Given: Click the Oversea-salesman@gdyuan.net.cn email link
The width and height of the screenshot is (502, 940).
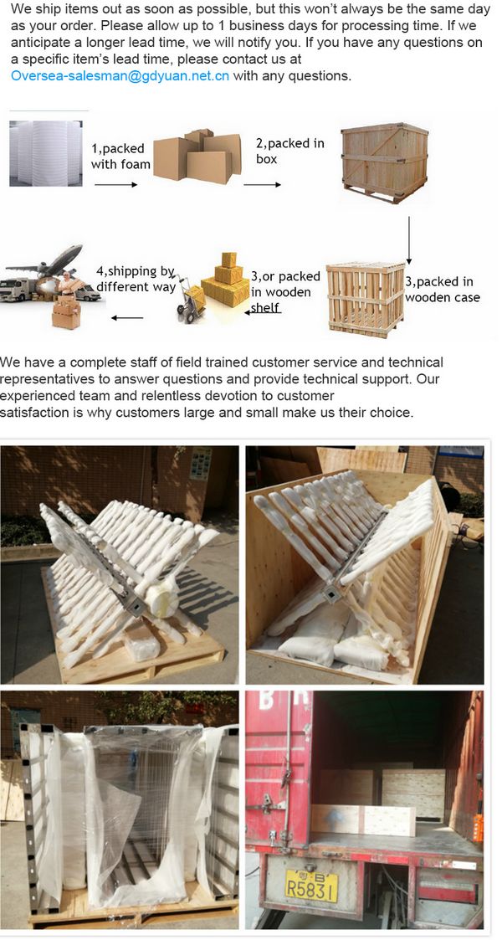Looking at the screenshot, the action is pyautogui.click(x=120, y=76).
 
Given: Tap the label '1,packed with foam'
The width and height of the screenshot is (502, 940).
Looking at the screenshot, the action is pyautogui.click(x=120, y=156).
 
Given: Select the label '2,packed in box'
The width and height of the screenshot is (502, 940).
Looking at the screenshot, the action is pyautogui.click(x=290, y=151).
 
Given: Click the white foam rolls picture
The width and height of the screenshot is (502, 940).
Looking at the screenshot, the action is pyautogui.click(x=45, y=153).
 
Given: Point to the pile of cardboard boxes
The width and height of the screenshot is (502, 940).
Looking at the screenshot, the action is pyautogui.click(x=197, y=156).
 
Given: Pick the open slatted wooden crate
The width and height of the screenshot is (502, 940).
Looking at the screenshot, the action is pyautogui.click(x=366, y=299).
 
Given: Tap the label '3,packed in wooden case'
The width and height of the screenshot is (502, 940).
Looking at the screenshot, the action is pyautogui.click(x=443, y=289).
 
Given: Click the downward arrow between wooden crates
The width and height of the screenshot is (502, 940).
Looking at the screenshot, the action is pyautogui.click(x=409, y=240).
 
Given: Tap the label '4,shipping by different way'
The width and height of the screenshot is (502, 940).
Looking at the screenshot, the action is pyautogui.click(x=136, y=279).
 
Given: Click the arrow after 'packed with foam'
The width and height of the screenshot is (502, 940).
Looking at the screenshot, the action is pyautogui.click(x=116, y=185).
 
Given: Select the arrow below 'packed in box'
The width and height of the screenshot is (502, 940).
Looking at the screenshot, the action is pyautogui.click(x=263, y=185).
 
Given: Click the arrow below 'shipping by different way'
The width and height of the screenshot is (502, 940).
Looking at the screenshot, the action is pyautogui.click(x=127, y=318).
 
